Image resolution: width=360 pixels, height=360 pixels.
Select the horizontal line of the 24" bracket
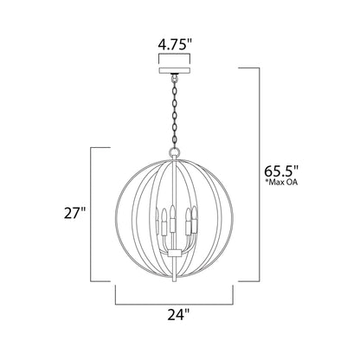click(x=179, y=305)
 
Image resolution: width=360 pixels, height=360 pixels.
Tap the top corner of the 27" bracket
click(x=93, y=149)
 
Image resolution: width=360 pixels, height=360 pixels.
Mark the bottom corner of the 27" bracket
click(x=93, y=281)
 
